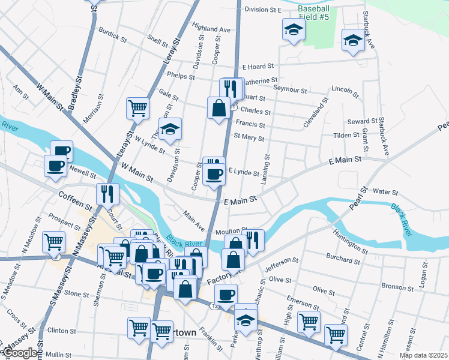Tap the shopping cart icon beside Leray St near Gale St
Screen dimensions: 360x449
[137, 109]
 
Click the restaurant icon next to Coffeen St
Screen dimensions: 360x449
[108, 194]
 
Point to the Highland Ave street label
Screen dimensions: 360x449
[211, 28]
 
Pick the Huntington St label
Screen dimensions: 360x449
[349, 241]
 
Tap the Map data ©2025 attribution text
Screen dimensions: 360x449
[423, 355]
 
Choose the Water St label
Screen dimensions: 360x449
[385, 193]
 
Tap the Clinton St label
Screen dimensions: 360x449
[61, 331]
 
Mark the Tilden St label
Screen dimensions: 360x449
[346, 135]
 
